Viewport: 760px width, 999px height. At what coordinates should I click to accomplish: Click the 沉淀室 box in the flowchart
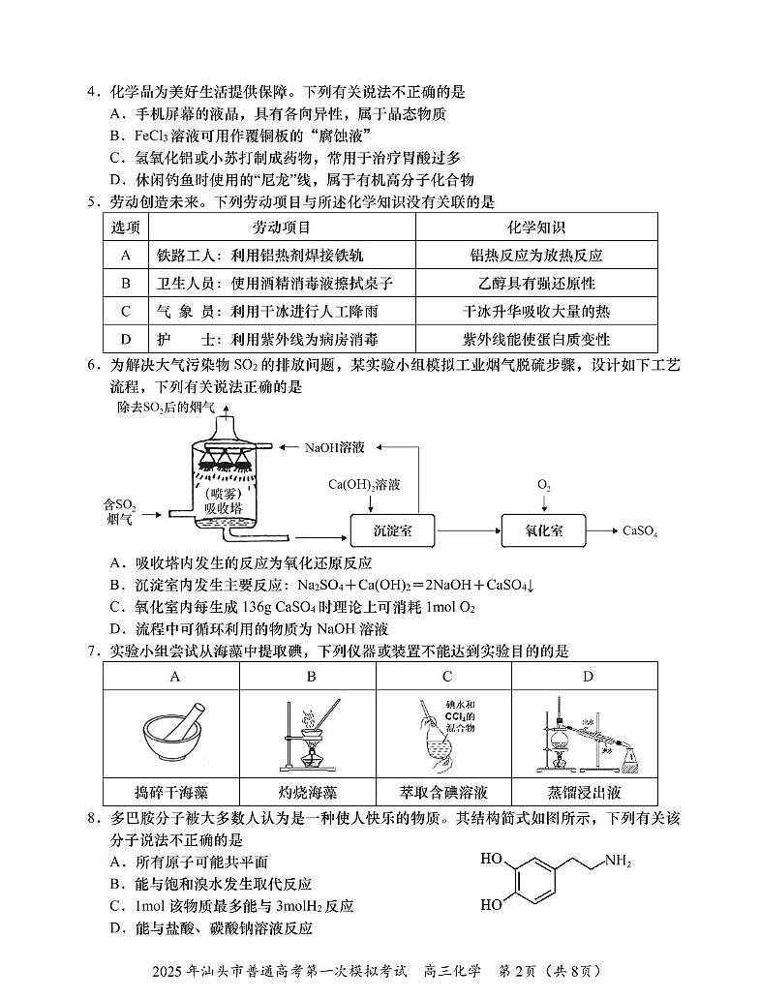coord(391,530)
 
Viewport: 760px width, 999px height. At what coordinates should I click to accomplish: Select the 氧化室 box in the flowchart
coord(544,530)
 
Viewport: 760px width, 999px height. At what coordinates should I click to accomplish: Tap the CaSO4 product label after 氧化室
coord(640,530)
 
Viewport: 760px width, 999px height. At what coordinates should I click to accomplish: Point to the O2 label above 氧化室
coord(544,483)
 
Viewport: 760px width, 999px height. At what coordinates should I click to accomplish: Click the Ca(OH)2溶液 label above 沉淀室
coord(364,483)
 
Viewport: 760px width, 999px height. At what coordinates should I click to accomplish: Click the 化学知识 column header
coord(535,227)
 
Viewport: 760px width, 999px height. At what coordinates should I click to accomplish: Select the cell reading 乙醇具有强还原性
coord(535,284)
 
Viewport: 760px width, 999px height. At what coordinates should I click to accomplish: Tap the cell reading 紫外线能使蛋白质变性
coord(535,340)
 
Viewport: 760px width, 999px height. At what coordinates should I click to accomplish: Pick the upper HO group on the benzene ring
coord(490,859)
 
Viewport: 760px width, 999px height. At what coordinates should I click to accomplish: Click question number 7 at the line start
coord(93,651)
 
